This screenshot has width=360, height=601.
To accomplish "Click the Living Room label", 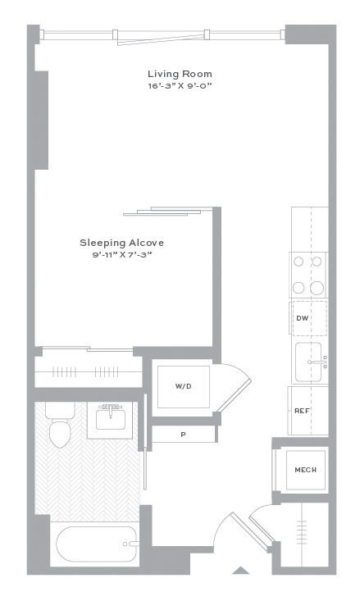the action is click(180, 74).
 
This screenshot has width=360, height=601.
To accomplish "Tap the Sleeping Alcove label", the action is click(121, 243).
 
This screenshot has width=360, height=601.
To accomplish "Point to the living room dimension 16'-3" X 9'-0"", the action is click(180, 86).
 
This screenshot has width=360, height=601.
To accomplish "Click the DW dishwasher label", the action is click(302, 318).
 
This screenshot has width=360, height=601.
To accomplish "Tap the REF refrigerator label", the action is click(302, 411).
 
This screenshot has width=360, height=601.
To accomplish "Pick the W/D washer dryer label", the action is click(183, 386).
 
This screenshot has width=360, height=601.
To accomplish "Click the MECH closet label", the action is click(306, 470).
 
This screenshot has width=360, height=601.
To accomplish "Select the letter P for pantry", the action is click(183, 435).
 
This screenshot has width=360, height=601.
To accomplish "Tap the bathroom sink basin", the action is click(111, 419).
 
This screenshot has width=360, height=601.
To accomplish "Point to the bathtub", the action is click(96, 544).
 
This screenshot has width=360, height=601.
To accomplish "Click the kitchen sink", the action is click(308, 362).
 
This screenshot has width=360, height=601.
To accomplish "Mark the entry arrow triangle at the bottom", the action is click(241, 570).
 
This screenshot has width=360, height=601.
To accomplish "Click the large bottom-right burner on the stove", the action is click(317, 288).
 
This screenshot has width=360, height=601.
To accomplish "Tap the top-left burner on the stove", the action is click(298, 262).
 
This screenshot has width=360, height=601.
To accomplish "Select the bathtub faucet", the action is click(130, 544).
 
